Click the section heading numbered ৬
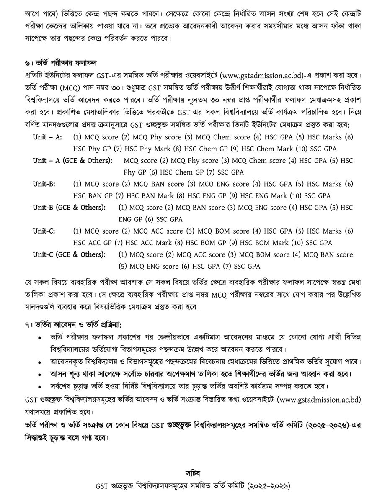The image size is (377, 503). (x=61, y=63)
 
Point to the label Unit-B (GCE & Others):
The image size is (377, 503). (x=69, y=208)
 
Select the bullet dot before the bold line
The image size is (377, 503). (x=39, y=374)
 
